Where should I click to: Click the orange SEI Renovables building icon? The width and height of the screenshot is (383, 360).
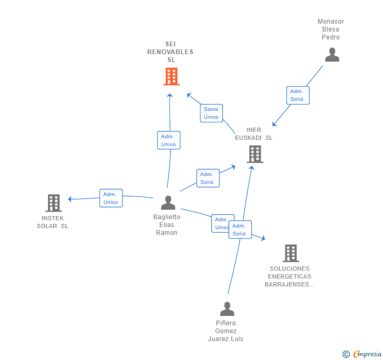click(x=172, y=76)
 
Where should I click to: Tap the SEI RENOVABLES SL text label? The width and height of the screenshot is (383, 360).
click(x=170, y=52)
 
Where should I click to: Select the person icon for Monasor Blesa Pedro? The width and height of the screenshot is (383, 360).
click(x=332, y=55)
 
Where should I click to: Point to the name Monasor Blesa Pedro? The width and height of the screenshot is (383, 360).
click(x=331, y=29)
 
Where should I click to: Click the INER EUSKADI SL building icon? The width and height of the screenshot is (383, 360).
click(x=255, y=154)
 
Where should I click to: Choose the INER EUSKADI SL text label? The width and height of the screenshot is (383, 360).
click(x=254, y=133)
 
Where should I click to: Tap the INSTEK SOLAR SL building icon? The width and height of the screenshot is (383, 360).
click(x=54, y=203)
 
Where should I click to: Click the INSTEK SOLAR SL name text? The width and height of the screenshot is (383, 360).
click(x=53, y=222)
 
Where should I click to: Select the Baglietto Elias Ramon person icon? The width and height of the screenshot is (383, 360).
click(x=168, y=202)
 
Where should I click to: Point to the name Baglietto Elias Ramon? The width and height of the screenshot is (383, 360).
click(x=167, y=225)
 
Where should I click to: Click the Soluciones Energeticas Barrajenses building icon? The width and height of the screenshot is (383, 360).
click(x=291, y=253)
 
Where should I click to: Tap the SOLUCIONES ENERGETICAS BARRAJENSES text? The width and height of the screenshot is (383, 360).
click(x=289, y=276)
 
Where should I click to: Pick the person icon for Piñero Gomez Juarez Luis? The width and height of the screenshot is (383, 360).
click(x=227, y=308)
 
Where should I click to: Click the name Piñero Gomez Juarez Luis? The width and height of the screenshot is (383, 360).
click(x=226, y=331)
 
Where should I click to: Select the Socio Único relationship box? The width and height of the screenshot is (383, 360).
click(x=211, y=113)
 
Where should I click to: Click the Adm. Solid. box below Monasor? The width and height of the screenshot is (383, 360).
click(x=298, y=95)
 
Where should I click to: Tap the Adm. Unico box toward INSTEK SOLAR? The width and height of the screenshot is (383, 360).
click(x=111, y=198)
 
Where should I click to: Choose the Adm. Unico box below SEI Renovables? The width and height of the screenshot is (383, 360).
click(x=168, y=140)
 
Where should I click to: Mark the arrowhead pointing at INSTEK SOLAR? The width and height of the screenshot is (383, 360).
click(x=69, y=199)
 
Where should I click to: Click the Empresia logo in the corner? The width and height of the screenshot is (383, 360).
click(x=362, y=354)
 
